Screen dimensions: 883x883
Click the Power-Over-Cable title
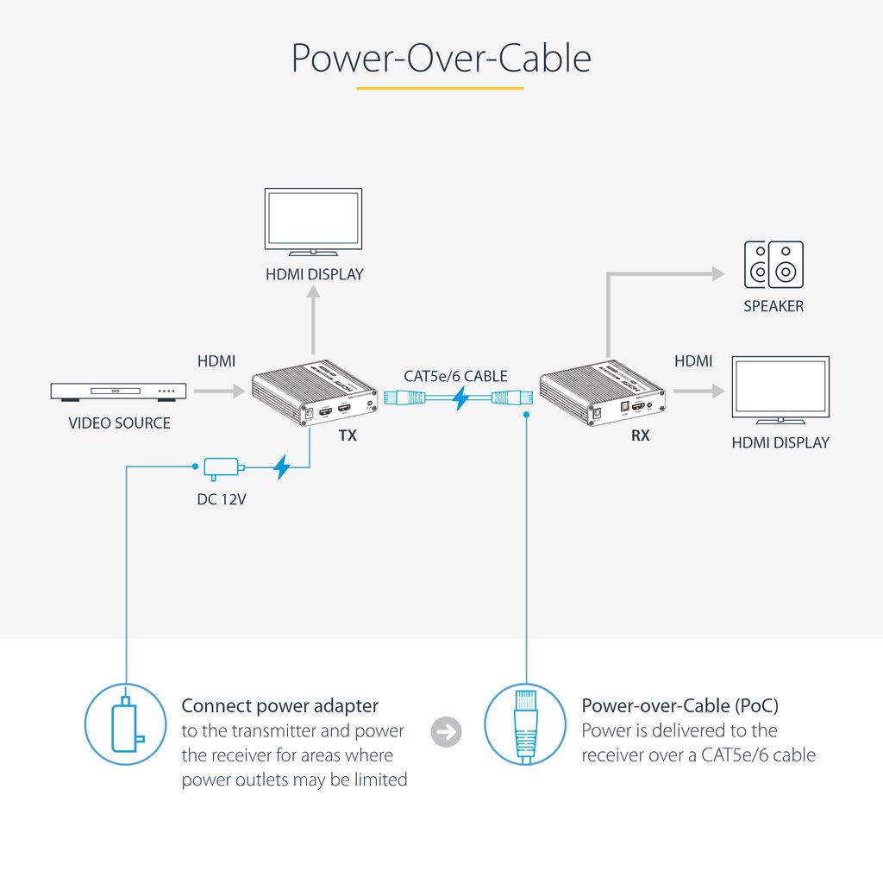coord(441,58)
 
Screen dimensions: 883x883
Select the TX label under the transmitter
coord(348,436)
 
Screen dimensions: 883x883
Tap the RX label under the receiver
coord(640,436)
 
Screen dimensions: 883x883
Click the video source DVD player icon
coord(118,392)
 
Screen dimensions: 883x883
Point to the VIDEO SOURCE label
coord(119,423)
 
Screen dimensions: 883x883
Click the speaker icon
coord(773,265)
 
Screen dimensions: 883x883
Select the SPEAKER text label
coord(773,306)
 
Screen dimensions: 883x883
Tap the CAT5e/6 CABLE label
coord(455,376)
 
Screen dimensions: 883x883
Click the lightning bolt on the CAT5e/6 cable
coord(460,398)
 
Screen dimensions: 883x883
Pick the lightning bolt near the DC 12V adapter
coord(281,468)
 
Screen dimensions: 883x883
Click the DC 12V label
coord(222,498)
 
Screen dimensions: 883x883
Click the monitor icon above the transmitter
coord(313,222)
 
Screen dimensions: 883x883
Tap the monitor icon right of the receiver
coord(780,391)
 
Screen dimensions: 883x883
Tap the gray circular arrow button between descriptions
coord(446,732)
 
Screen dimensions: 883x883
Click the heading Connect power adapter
coord(279,705)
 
